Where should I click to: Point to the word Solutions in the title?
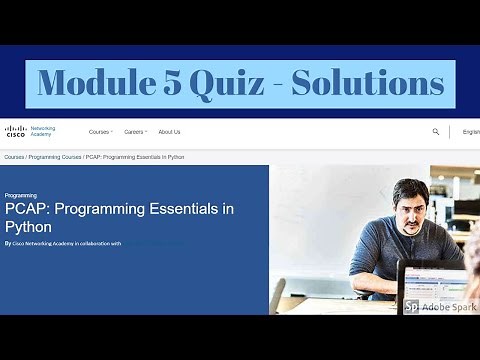pos(368,82)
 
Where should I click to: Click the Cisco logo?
pos(15,130)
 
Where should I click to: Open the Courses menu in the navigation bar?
pos(100,131)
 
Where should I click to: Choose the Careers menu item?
pos(135,131)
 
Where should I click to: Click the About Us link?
pos(169,131)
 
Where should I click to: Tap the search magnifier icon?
pos(436,131)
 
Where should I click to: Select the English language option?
pos(470,131)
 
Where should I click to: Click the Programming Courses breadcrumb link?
pos(55,157)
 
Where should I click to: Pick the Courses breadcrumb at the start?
pos(14,157)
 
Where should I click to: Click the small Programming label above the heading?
pos(21,195)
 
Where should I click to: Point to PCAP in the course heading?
pos(27,209)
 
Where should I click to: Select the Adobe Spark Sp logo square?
pos(411,306)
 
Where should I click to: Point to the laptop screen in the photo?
pos(436,281)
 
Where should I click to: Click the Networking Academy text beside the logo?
pos(43,131)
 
